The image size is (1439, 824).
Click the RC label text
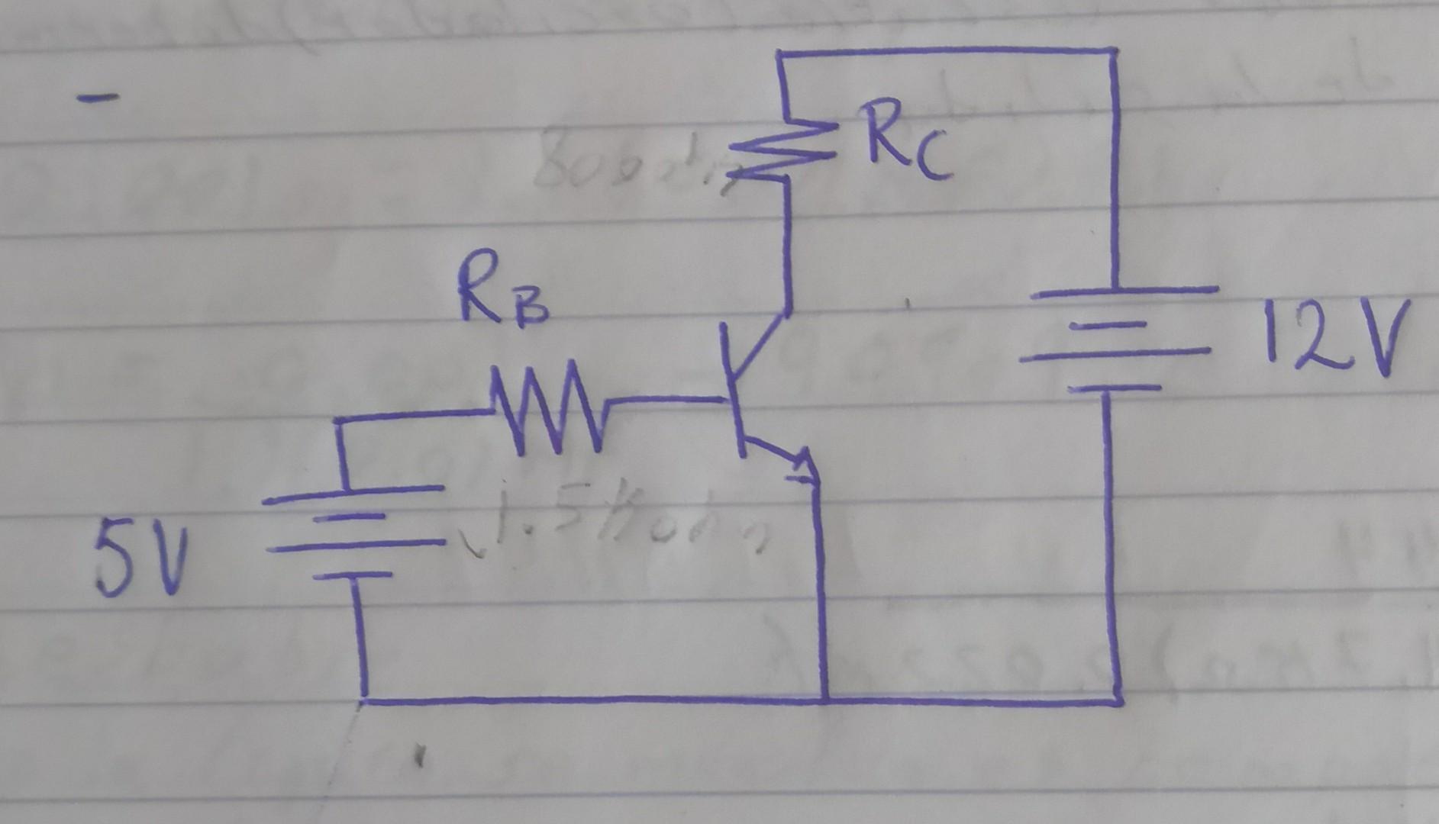[906, 145]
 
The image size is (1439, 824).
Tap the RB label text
[502, 300]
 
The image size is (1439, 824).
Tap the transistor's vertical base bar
[733, 389]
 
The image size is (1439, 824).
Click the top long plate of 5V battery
[353, 494]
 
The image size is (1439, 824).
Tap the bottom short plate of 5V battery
[352, 575]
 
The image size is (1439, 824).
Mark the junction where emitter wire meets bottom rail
[824, 699]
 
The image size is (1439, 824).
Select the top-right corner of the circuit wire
[1113, 52]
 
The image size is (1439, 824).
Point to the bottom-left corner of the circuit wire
[365, 698]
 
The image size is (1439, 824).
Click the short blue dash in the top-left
[98, 97]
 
